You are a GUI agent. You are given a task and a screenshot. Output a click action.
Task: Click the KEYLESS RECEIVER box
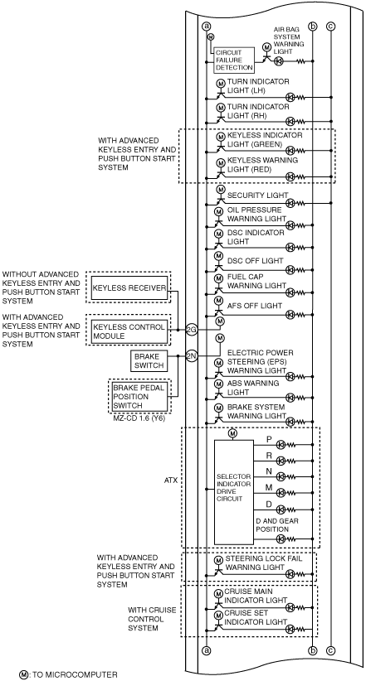pos(129,287)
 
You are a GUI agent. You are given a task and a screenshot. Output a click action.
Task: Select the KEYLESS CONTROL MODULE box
pos(129,331)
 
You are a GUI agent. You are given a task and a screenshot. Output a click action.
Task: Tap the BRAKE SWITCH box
pos(149,361)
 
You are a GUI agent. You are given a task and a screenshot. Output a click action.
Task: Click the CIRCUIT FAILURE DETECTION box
pos(234,60)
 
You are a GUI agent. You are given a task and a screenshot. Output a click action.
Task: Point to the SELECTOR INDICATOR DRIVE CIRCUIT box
pos(234,492)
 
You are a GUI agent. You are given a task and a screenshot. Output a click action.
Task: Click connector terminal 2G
pos(192,330)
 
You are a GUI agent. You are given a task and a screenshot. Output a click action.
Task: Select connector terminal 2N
pos(192,356)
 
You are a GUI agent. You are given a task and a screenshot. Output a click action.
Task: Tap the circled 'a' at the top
pos(207,27)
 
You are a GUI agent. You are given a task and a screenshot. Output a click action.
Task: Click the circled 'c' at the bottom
pos(331,650)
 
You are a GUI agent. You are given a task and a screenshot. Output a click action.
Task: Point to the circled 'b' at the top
pos(313,27)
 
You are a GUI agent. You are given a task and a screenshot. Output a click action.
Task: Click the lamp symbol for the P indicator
pos(281,444)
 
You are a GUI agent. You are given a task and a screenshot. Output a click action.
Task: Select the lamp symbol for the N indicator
pos(281,476)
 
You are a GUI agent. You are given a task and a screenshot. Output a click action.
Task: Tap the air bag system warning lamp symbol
pos(279,61)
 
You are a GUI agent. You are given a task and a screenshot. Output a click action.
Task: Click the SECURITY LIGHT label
pos(257,196)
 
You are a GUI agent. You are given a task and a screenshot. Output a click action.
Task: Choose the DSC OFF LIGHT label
pos(255,261)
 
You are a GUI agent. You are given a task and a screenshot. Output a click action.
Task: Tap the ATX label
pos(171,481)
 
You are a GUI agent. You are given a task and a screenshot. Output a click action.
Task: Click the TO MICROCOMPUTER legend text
pos(75,674)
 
